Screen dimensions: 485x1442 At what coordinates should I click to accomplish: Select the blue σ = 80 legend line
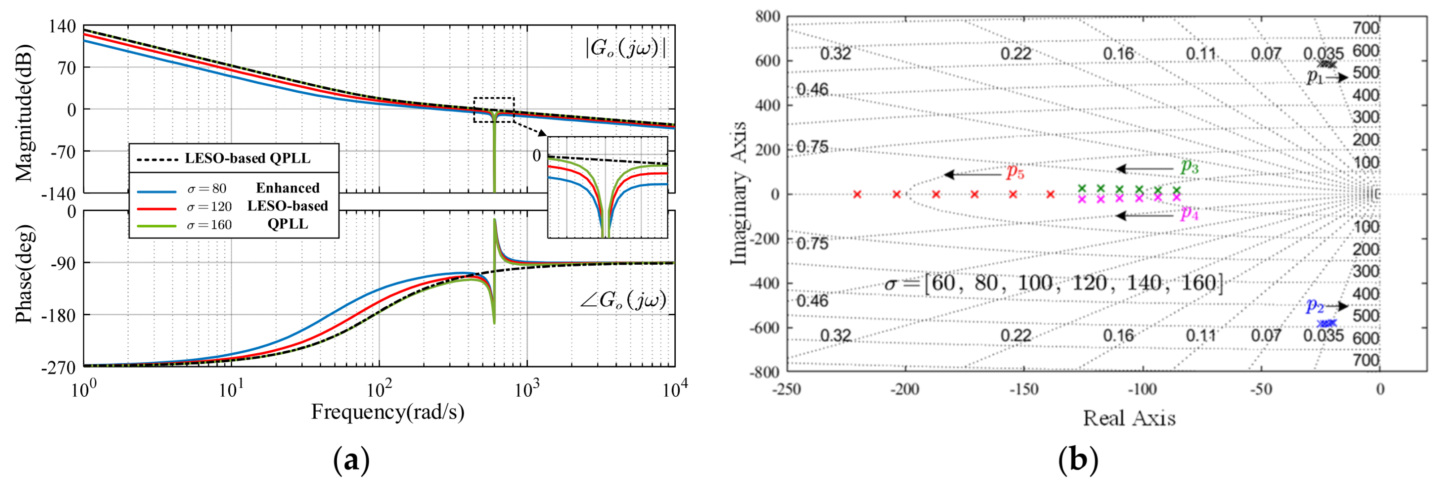(x=157, y=191)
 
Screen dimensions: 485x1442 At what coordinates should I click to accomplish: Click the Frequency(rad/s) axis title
(x=387, y=412)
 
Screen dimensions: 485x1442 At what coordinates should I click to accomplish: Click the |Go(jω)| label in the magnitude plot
(x=626, y=49)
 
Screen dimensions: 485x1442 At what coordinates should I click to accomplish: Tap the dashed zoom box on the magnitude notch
(x=494, y=110)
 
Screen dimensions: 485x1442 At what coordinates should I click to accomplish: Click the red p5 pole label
(x=1015, y=172)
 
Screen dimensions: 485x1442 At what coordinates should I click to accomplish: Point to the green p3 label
(x=1189, y=166)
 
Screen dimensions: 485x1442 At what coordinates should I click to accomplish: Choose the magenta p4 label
(x=1189, y=213)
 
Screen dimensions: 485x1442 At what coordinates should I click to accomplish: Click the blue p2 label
(x=1314, y=306)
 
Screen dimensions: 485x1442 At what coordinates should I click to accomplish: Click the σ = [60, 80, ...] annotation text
(x=1052, y=283)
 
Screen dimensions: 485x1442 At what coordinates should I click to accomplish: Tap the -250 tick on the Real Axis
(x=786, y=389)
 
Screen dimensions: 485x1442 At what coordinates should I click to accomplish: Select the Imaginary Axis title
(x=739, y=193)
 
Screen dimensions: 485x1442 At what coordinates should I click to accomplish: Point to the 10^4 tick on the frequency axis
(x=674, y=389)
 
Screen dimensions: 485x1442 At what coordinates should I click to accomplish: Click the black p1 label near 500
(x=1314, y=77)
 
